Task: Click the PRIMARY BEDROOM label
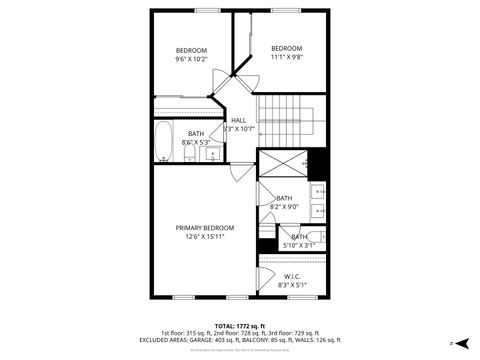tap(206, 228)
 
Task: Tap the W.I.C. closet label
tap(292, 277)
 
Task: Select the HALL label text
tap(238, 120)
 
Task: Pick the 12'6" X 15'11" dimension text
tap(206, 237)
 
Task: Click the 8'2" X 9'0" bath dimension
tap(284, 206)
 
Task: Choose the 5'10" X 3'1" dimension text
tap(299, 245)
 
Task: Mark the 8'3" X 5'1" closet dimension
tap(292, 285)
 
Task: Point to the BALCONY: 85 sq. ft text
tap(277, 340)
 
